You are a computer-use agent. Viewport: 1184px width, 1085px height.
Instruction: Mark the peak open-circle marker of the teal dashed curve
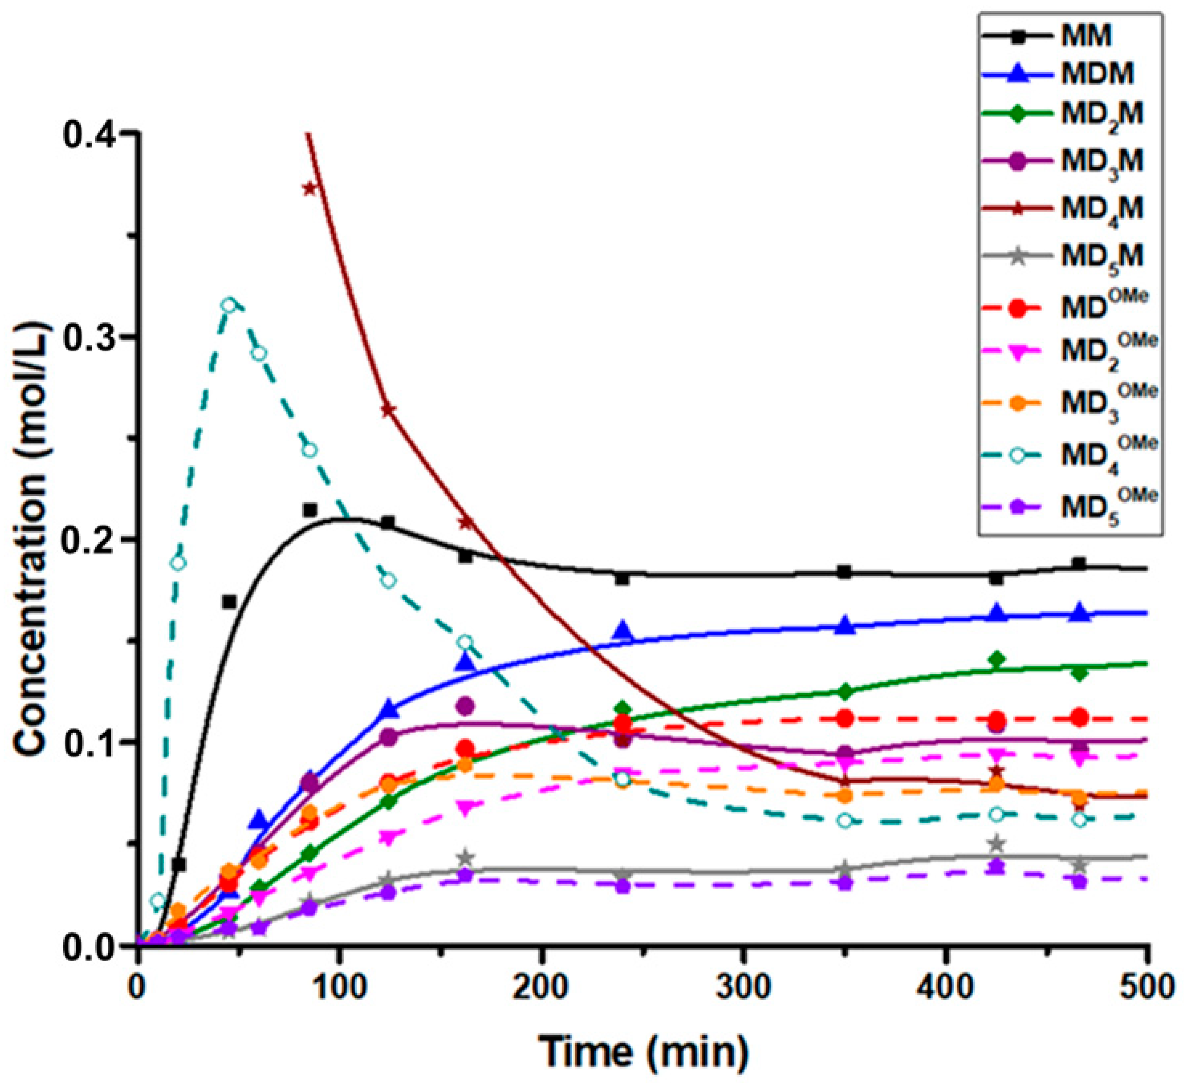(229, 305)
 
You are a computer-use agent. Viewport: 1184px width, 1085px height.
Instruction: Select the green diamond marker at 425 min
(996, 660)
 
